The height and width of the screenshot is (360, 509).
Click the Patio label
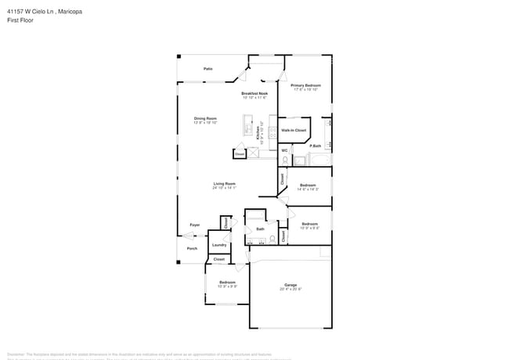pos(208,69)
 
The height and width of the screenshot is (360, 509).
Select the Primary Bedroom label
pos(306,87)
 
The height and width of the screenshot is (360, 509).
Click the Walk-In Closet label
pos(294,130)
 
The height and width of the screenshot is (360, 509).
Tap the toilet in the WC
pos(284,160)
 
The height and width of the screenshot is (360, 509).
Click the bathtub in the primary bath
pos(319,160)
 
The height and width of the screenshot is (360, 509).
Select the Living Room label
pos(224,185)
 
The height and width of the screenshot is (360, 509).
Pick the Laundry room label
pos(219,245)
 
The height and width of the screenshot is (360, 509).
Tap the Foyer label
pos(194,225)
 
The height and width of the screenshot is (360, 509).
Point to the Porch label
pos(192,249)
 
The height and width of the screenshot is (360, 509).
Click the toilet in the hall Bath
pos(273,238)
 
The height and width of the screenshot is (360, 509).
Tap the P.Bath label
pos(316,146)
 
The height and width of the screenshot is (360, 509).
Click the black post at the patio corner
pos(179,56)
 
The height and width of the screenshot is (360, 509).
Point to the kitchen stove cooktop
pos(273,132)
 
